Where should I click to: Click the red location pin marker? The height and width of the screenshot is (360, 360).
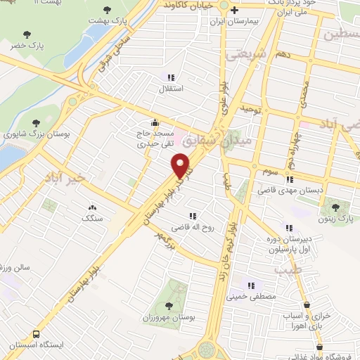click(x=181, y=166)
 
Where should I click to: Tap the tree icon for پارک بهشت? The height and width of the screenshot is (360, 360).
click(x=106, y=10)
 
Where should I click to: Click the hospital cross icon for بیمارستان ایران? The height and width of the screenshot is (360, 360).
click(x=235, y=10)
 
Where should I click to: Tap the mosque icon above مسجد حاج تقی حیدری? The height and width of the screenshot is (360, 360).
click(x=155, y=121)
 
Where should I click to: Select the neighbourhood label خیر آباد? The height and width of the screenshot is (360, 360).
click(x=63, y=177)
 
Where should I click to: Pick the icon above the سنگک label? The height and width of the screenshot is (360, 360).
click(x=92, y=207)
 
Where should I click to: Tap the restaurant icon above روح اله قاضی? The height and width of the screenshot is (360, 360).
click(x=191, y=216)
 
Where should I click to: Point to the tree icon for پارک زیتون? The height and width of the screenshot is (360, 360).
click(x=335, y=207)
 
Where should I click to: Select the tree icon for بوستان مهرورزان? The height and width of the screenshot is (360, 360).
click(x=168, y=306)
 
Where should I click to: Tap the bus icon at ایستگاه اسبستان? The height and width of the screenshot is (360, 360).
click(x=36, y=335)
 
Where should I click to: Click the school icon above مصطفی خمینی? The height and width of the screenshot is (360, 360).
click(x=250, y=285)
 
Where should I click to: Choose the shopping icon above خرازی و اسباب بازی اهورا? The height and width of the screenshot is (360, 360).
click(x=307, y=305)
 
